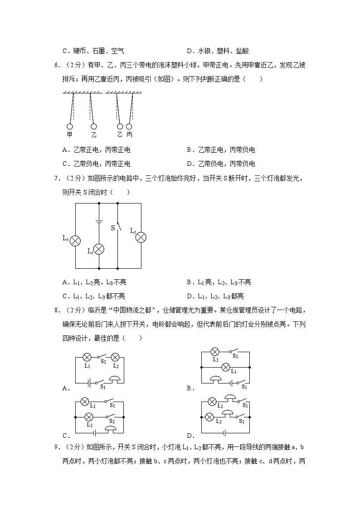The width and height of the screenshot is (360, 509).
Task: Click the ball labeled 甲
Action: (70, 127)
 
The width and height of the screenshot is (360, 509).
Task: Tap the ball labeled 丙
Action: (129, 127)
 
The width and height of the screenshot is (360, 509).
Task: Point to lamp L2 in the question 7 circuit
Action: (141, 237)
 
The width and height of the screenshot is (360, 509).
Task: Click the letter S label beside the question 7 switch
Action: (113, 228)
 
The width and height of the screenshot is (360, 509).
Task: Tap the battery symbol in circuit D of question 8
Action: (225, 431)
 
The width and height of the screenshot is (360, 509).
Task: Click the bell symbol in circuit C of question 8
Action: (110, 428)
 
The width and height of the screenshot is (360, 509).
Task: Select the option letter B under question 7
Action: (190, 282)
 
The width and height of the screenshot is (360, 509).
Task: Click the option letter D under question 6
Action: (190, 164)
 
